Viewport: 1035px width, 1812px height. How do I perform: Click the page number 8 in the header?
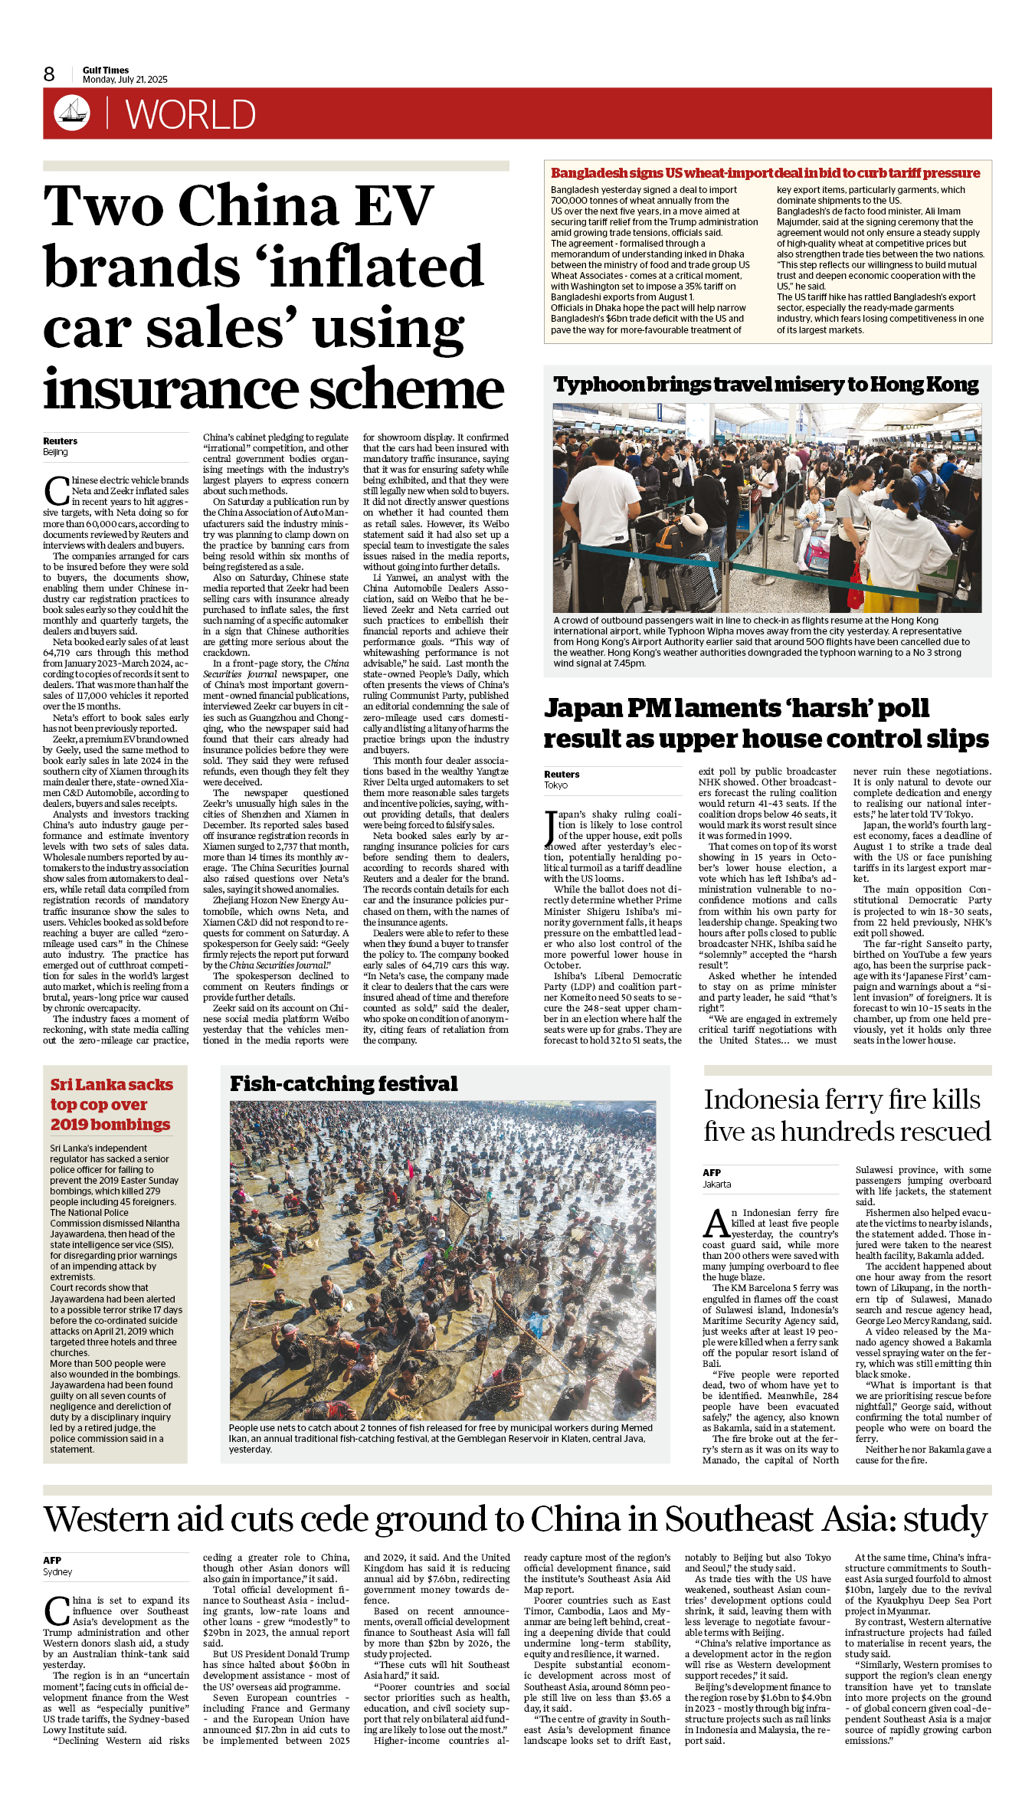point(49,74)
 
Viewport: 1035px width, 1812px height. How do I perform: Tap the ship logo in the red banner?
point(72,113)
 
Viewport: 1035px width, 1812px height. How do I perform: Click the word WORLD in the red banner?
point(190,115)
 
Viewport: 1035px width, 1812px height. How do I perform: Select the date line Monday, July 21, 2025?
point(125,80)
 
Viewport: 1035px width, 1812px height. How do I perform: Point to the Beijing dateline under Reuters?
point(55,452)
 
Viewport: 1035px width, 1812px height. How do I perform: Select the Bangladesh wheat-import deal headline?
point(765,173)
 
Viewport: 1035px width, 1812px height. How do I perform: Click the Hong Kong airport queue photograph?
point(767,508)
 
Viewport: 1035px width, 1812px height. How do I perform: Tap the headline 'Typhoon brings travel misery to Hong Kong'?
point(766,384)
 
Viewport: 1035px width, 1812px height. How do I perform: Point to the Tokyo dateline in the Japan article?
point(556,785)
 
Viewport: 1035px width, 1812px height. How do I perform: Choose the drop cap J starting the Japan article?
point(550,827)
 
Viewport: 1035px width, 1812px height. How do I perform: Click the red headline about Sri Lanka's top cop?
point(111,1104)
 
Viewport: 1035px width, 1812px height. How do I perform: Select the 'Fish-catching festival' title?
point(344,1083)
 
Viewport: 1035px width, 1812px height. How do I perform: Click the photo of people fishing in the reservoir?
point(443,1260)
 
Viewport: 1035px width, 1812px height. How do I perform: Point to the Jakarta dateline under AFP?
point(717,1184)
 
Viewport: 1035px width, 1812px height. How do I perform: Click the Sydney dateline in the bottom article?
point(57,1571)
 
